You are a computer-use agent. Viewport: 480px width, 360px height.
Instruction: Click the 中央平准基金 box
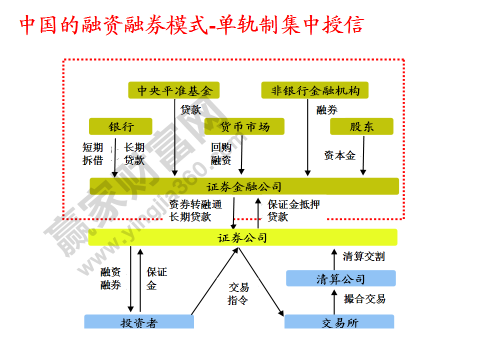click(x=174, y=90)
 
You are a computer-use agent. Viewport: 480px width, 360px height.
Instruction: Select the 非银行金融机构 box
click(x=314, y=90)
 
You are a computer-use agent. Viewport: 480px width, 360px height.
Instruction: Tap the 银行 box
click(x=120, y=126)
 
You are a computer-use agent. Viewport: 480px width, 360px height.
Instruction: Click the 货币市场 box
click(x=244, y=126)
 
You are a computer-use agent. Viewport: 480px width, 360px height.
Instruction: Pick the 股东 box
click(x=361, y=126)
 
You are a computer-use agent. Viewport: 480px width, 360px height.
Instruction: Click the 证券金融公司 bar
click(x=244, y=186)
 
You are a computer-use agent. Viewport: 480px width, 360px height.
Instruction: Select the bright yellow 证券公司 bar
click(x=242, y=237)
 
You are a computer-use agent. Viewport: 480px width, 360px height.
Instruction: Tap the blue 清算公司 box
click(x=340, y=278)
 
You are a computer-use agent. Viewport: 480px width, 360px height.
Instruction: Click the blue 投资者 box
click(x=138, y=322)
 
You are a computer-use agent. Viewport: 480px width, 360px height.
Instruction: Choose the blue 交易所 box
click(x=339, y=322)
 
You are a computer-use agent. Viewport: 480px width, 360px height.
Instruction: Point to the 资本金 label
click(x=339, y=155)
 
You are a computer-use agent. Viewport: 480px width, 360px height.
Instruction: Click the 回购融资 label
click(x=221, y=153)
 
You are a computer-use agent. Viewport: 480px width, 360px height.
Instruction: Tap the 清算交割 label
click(x=363, y=256)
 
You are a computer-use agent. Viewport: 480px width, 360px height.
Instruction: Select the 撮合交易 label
click(x=364, y=299)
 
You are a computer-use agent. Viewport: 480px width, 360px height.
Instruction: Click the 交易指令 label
click(x=238, y=293)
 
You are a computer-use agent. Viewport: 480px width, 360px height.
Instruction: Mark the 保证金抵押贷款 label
click(x=292, y=210)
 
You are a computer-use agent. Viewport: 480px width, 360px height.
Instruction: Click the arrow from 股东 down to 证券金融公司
click(x=363, y=155)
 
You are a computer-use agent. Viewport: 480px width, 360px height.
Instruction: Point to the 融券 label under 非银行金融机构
click(x=326, y=110)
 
